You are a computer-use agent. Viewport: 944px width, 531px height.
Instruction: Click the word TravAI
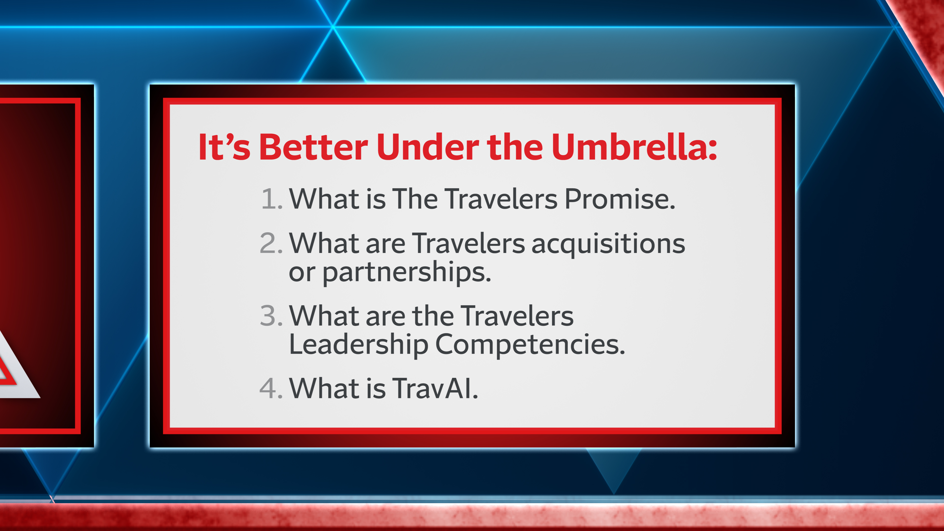click(435, 388)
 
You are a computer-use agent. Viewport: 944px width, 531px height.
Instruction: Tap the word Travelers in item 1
click(501, 199)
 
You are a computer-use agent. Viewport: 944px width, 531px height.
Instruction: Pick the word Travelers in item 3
click(517, 315)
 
